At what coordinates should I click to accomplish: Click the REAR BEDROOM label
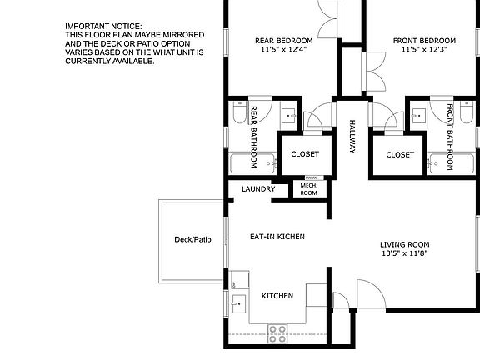point(284,41)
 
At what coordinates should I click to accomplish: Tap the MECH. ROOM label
point(308,189)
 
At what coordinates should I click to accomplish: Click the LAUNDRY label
point(257,189)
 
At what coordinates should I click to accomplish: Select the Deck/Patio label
point(192,240)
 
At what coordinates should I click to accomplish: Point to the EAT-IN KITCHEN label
point(277,237)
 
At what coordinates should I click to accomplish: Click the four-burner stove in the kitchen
point(277,334)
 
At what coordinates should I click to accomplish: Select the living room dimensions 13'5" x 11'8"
point(411,254)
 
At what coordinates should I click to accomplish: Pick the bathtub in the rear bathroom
point(252,162)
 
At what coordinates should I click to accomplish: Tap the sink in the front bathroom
point(420,116)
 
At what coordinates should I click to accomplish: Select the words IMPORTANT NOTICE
point(103,27)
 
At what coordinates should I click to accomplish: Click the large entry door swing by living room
point(369,294)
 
